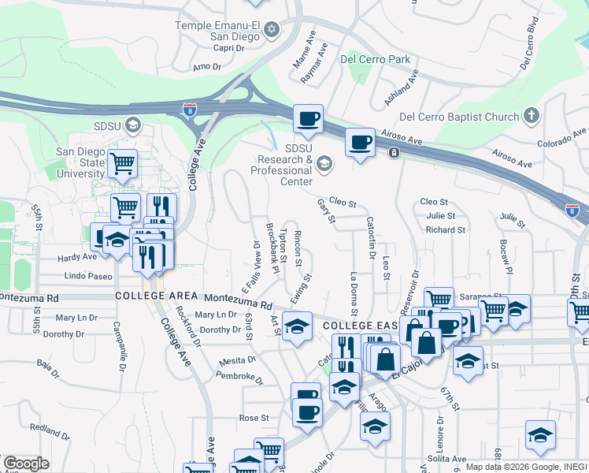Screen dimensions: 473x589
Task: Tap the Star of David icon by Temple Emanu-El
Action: (x=272, y=31)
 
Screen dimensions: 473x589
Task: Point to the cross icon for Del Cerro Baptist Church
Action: (x=532, y=117)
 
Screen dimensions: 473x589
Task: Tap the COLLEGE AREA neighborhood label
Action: (x=157, y=295)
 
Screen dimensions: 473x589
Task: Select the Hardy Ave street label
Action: (x=76, y=257)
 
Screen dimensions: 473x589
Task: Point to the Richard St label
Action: (x=445, y=230)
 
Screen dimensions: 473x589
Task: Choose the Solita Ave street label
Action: (x=446, y=459)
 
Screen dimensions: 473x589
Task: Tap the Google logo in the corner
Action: (x=26, y=464)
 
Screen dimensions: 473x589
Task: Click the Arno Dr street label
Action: (x=207, y=67)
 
